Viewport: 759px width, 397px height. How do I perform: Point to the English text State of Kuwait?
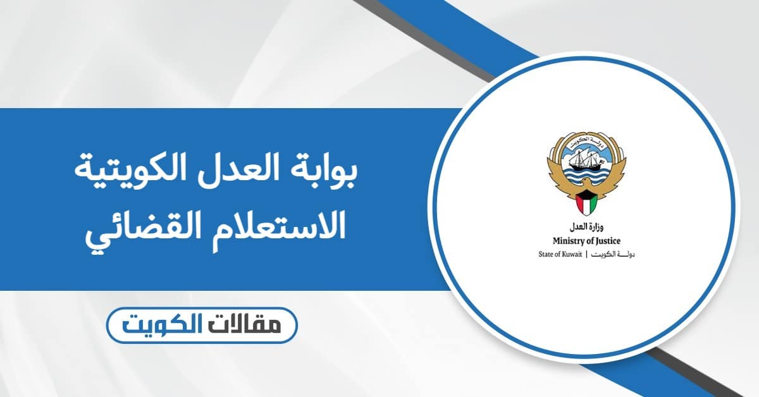tap(559, 254)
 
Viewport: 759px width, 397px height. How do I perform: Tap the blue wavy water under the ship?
tap(583, 178)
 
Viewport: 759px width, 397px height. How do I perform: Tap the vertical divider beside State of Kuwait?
tap(588, 254)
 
